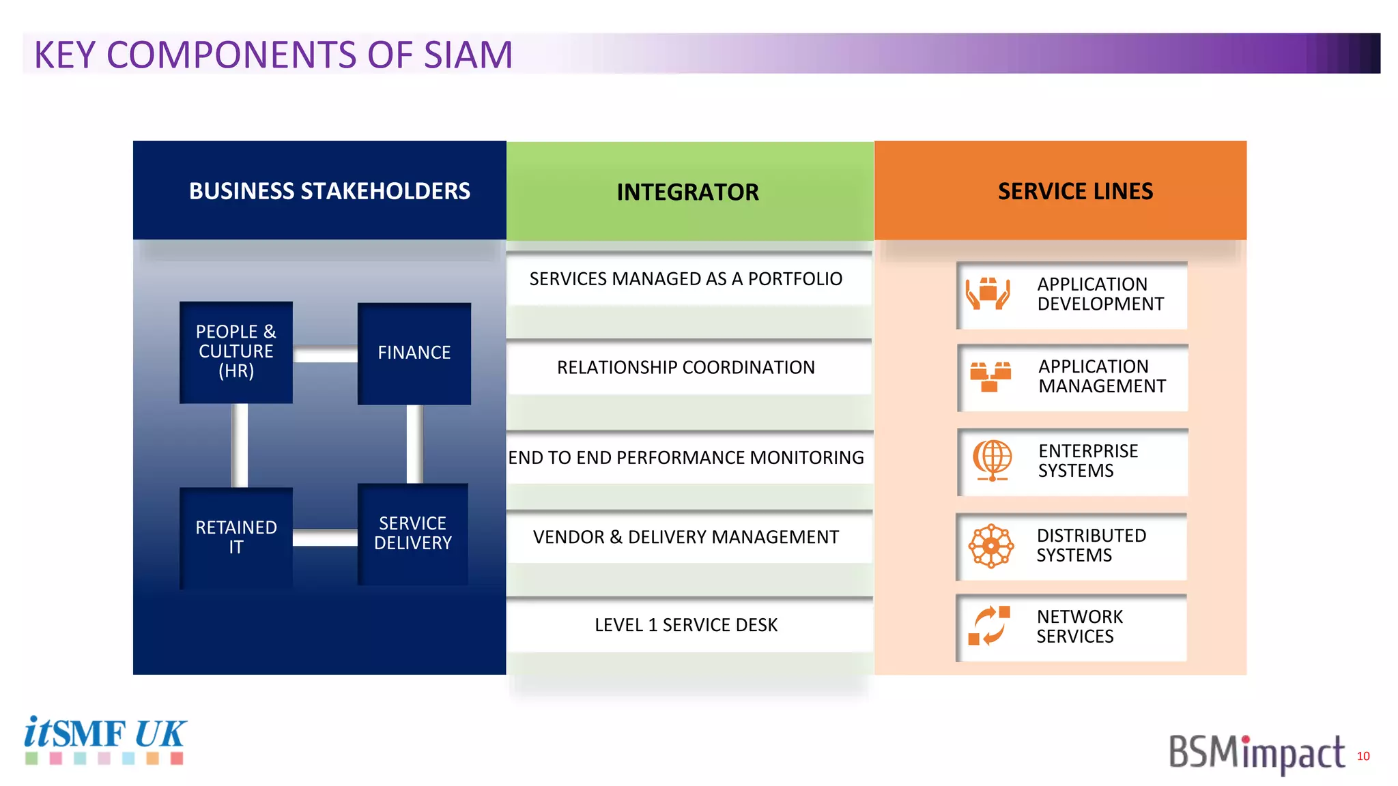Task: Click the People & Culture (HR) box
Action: (x=236, y=352)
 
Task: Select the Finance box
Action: (x=414, y=353)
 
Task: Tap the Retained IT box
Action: (x=236, y=537)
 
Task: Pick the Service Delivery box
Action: (x=413, y=534)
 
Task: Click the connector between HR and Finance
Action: (x=325, y=354)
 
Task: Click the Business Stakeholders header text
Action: (x=329, y=191)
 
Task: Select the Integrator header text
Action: (x=687, y=192)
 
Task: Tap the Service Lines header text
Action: (x=1075, y=191)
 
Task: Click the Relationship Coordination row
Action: (x=686, y=368)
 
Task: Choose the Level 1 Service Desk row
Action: (x=686, y=625)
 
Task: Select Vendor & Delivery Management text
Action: (x=686, y=538)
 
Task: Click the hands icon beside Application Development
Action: (x=988, y=294)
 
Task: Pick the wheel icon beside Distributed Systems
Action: (x=990, y=546)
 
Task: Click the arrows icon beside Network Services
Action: (x=989, y=626)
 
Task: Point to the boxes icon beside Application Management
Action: (x=990, y=377)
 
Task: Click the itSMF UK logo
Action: (x=104, y=740)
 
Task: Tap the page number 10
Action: (x=1363, y=756)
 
